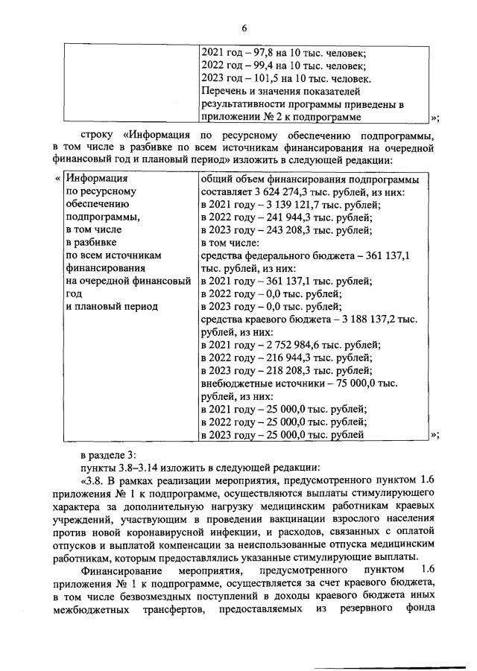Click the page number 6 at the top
click(x=243, y=28)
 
